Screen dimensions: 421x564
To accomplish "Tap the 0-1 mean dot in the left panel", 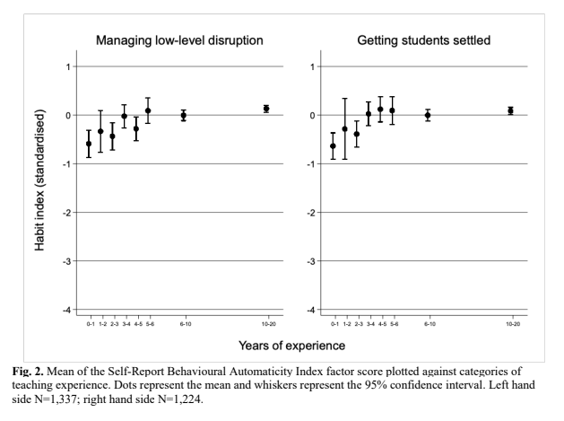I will click(x=89, y=144).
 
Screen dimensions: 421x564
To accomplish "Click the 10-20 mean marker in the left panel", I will click(x=266, y=109).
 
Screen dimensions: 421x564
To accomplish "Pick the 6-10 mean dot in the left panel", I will click(x=184, y=115).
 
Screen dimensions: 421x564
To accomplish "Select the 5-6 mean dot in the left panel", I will click(x=148, y=111).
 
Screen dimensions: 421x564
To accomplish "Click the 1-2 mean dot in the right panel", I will click(x=345, y=129).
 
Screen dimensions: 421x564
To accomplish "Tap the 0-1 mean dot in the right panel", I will click(x=334, y=145).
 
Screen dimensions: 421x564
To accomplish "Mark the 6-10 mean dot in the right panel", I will click(x=428, y=115).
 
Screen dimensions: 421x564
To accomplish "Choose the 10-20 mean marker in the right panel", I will click(x=510, y=110).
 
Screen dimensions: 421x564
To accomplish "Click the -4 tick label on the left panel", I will click(x=67, y=310).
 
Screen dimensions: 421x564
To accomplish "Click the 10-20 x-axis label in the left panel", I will click(x=266, y=322).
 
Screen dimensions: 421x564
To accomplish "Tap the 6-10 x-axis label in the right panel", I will click(x=428, y=322).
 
